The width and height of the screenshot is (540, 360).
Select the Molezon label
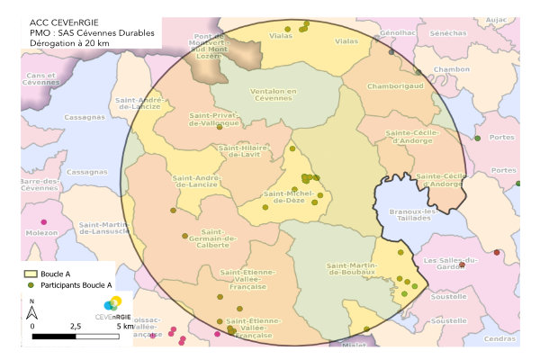click(x=41, y=232)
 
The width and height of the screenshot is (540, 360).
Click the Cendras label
click(x=499, y=339)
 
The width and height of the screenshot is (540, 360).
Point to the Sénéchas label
click(x=455, y=32)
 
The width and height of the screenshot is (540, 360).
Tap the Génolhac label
click(x=398, y=32)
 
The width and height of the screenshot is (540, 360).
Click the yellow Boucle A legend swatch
click(x=30, y=272)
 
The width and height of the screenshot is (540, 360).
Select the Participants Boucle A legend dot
click(x=30, y=284)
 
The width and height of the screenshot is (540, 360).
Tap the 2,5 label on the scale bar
click(x=75, y=325)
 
